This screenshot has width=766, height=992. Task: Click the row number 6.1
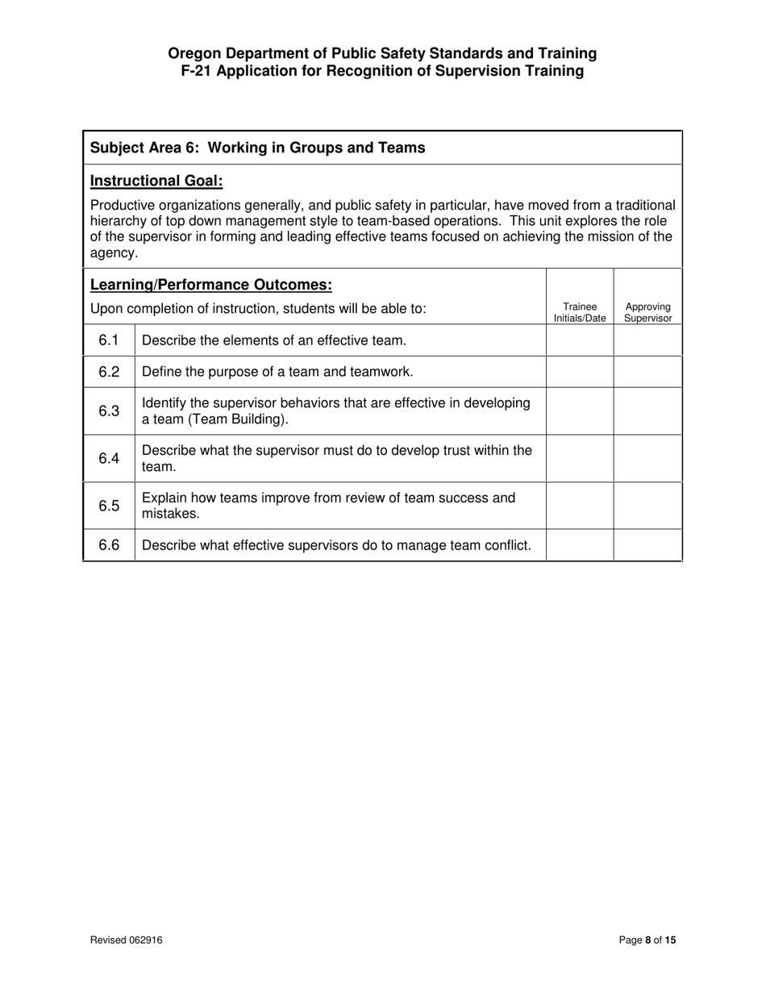109,340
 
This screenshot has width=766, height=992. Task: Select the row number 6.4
109,458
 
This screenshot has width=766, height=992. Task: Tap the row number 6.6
109,545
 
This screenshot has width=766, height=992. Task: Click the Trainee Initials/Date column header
580,312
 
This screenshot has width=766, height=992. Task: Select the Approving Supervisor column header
648,312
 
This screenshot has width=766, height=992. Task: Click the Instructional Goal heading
156,181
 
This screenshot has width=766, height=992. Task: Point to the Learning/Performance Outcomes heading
211,285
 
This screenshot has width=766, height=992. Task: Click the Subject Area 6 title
257,148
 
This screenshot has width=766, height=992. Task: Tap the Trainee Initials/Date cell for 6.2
580,372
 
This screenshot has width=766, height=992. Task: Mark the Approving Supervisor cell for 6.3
648,411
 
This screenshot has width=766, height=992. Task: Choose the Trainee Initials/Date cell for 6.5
580,506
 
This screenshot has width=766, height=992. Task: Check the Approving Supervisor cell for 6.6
648,545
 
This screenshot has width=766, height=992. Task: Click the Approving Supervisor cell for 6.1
648,340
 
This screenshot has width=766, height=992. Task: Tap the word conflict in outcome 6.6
507,545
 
